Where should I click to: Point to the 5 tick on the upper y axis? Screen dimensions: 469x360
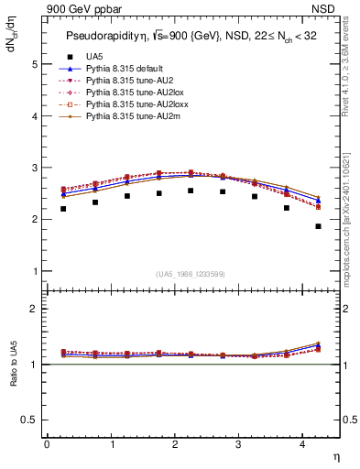click(35, 65)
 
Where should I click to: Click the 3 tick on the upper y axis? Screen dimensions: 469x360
click(35, 169)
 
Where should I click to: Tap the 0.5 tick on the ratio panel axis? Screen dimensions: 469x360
click(31, 420)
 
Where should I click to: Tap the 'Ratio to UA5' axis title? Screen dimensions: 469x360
click(13, 377)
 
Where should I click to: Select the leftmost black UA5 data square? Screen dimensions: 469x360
click(63, 209)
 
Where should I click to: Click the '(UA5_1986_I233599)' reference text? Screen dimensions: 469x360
click(191, 275)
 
